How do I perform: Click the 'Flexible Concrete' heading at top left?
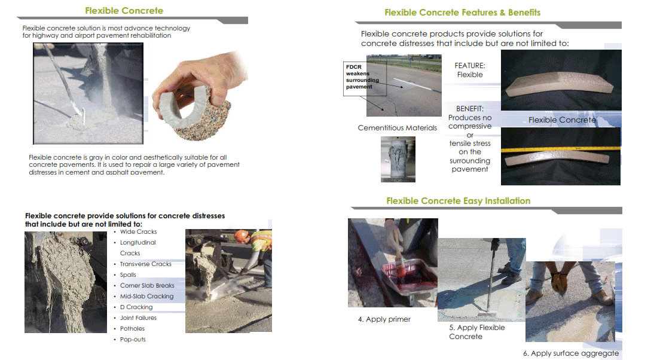(x=124, y=11)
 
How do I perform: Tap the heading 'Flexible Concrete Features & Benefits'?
(x=462, y=13)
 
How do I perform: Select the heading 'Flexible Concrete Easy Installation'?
(x=459, y=201)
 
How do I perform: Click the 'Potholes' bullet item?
(x=132, y=328)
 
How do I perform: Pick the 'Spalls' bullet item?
(x=128, y=274)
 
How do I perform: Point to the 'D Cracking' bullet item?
(x=136, y=307)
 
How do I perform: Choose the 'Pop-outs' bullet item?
(x=133, y=339)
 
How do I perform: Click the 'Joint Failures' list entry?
(x=138, y=318)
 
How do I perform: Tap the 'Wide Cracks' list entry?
(x=138, y=231)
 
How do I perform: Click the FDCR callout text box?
(x=365, y=79)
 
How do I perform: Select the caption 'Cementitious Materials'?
(x=398, y=127)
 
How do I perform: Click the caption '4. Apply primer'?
(x=384, y=319)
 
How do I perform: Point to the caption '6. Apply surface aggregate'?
(x=571, y=353)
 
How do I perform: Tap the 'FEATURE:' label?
(x=470, y=66)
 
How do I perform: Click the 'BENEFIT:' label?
(x=470, y=109)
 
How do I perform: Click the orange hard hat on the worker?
(x=241, y=236)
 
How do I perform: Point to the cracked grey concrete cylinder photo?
(x=398, y=159)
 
